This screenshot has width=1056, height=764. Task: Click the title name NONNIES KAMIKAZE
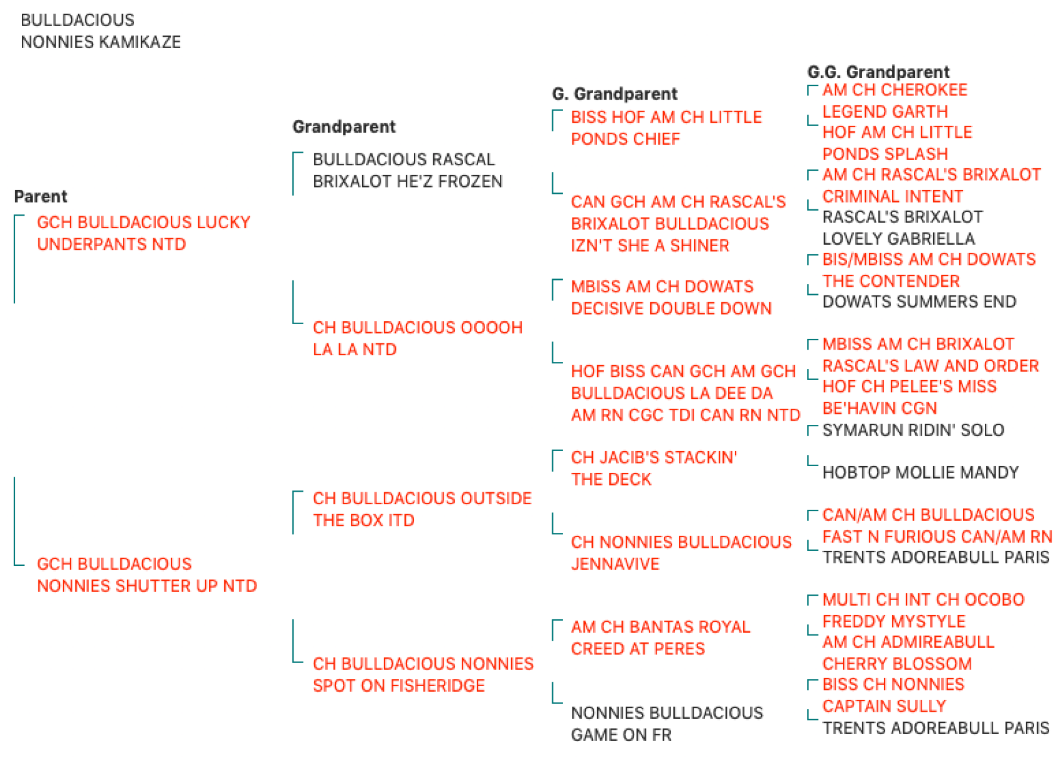click(100, 42)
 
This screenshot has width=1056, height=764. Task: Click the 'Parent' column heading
click(41, 196)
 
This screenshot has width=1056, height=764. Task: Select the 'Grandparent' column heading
click(343, 127)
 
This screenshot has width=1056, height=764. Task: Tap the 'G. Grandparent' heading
click(615, 93)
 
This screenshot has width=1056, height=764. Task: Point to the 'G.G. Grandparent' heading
click(878, 72)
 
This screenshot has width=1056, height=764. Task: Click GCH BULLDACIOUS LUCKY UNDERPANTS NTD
click(144, 233)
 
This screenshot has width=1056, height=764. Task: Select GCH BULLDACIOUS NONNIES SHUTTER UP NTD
click(147, 575)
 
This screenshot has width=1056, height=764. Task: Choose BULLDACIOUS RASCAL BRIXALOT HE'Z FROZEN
click(408, 170)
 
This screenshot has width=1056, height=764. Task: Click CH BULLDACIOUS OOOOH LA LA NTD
click(418, 338)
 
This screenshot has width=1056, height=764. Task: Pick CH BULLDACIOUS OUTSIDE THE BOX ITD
click(423, 509)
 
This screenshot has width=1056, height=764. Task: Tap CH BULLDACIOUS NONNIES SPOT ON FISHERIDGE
click(423, 674)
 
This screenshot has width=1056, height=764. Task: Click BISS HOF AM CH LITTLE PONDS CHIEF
click(666, 128)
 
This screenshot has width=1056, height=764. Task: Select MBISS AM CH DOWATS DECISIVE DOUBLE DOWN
click(671, 297)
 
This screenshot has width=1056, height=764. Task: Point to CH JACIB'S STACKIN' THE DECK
click(655, 468)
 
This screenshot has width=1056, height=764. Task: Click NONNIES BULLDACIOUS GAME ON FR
click(667, 723)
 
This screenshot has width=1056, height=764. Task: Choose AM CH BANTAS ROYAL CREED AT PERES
click(661, 637)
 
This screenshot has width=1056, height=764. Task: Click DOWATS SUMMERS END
click(919, 301)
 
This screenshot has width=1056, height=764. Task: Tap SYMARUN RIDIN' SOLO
click(914, 430)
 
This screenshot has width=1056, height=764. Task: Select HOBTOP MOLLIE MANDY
click(921, 472)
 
